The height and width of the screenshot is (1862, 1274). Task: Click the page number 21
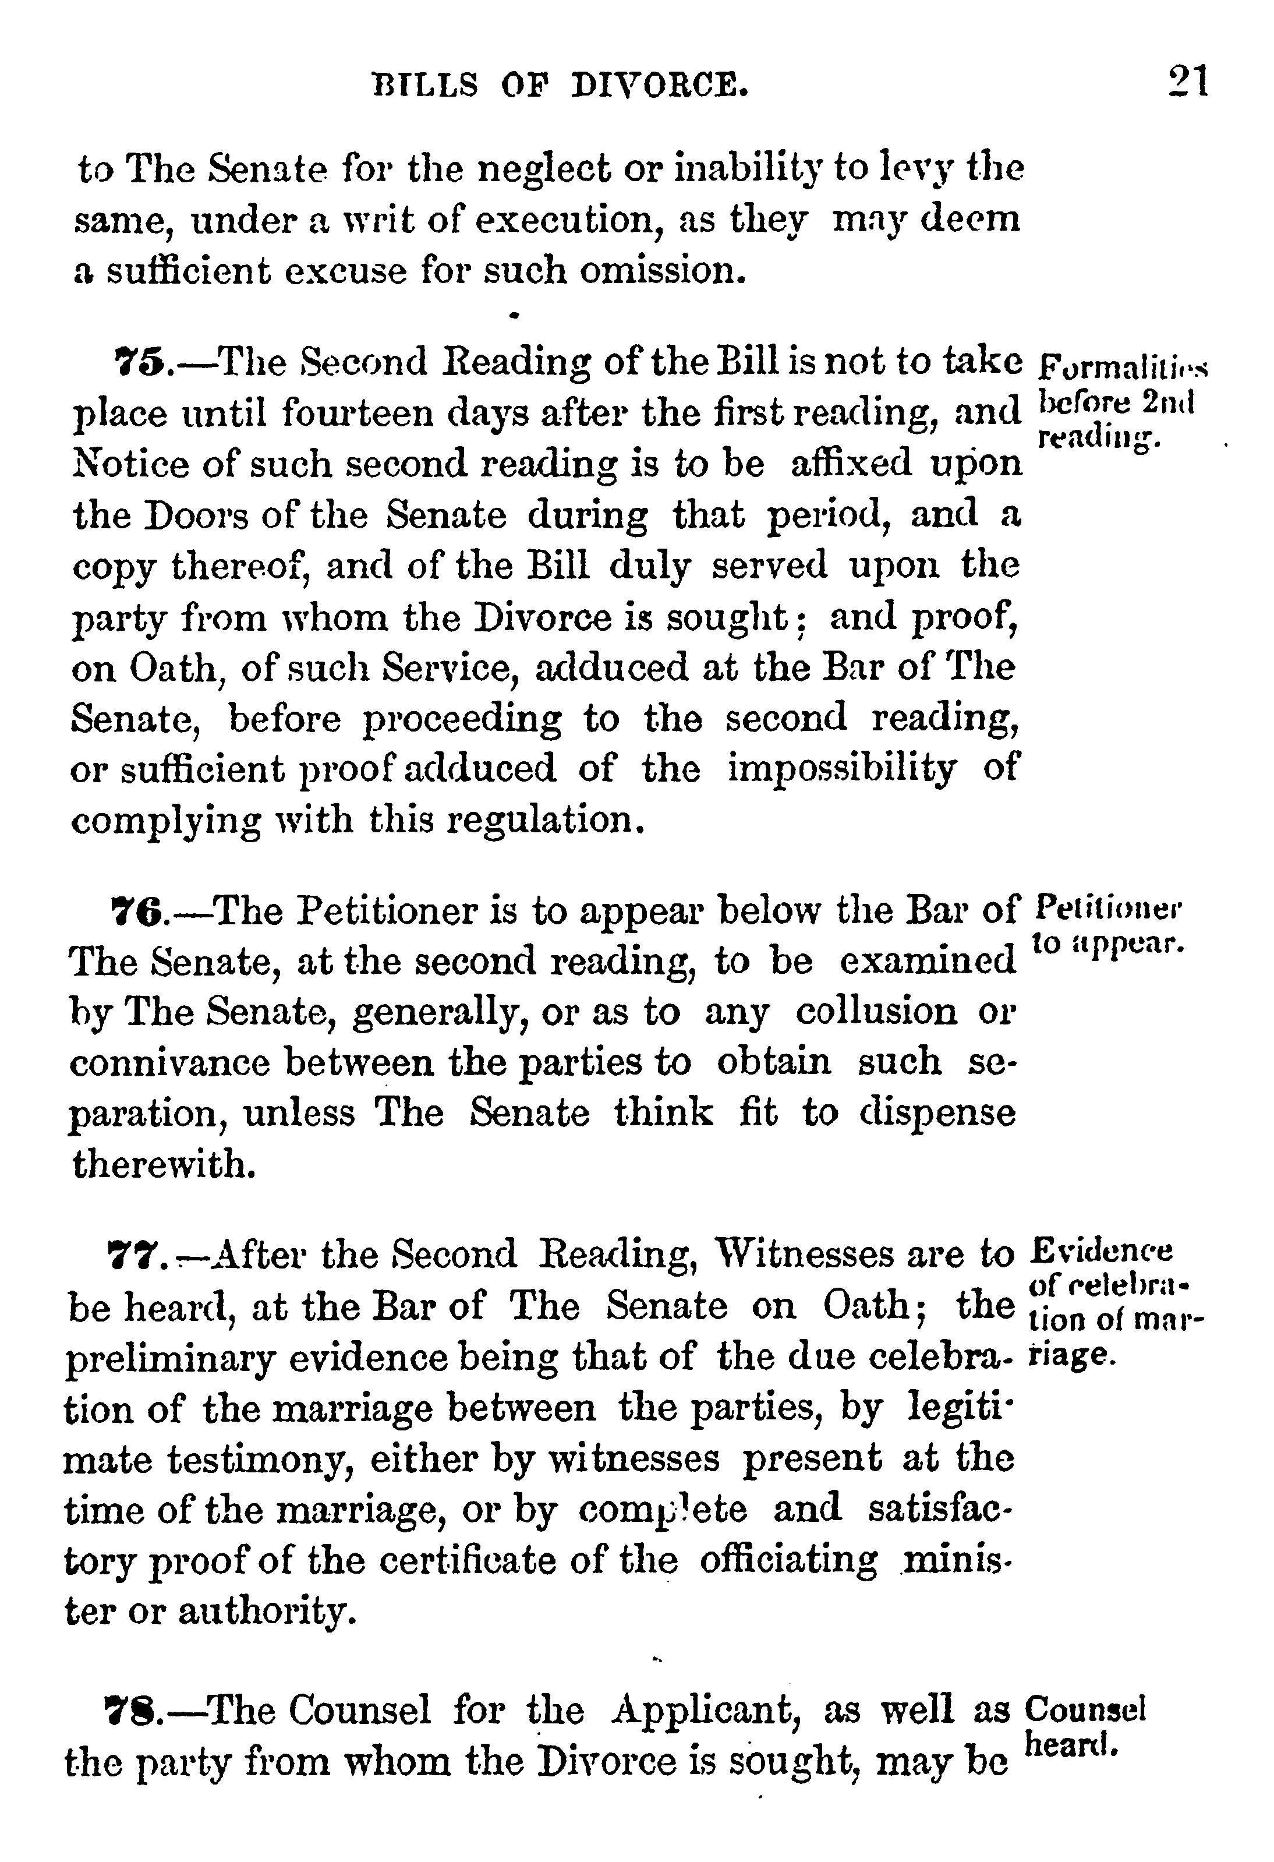tap(1187, 82)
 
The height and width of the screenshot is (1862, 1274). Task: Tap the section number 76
tap(137, 911)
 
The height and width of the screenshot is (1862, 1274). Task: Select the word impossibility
tap(841, 769)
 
